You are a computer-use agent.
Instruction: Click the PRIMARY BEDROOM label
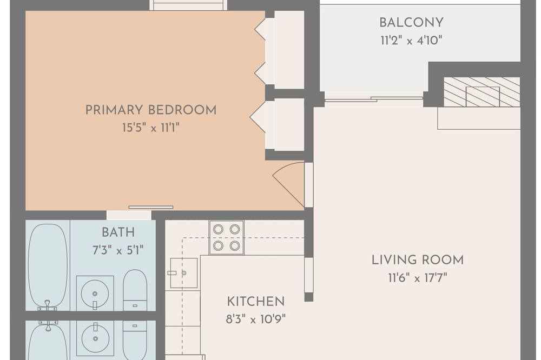click(x=151, y=110)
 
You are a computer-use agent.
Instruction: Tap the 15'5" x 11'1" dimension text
click(x=151, y=128)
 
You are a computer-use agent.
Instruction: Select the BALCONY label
click(x=411, y=23)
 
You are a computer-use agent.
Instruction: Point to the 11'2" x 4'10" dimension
click(x=411, y=41)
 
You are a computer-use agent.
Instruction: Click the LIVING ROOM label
click(x=418, y=260)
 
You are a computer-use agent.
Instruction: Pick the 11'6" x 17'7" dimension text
click(x=418, y=278)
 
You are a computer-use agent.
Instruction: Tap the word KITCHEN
click(x=256, y=302)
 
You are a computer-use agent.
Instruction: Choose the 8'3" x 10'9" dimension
click(x=256, y=319)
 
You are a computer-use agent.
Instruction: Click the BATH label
click(x=118, y=232)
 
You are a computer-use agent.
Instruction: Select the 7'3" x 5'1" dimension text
click(x=118, y=250)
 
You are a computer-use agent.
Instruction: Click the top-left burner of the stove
click(x=218, y=229)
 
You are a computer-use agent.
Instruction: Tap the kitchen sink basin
click(x=184, y=273)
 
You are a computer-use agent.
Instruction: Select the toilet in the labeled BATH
click(x=135, y=290)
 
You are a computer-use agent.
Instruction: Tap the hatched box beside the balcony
click(x=481, y=92)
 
